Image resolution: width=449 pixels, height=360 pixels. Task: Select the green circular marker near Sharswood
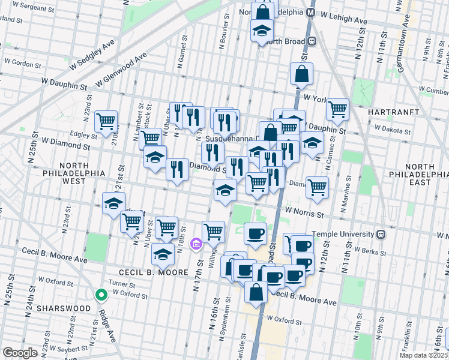click(101, 295)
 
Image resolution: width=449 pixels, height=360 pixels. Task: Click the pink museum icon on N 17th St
click(196, 244)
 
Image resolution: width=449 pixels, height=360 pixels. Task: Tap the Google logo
click(20, 352)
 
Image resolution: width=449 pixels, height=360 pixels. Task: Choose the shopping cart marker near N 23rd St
click(106, 121)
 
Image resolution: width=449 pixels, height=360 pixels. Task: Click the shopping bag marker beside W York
click(301, 74)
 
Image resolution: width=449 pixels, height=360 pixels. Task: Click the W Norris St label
click(304, 212)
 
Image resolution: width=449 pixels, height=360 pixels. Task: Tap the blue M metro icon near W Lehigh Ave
click(311, 12)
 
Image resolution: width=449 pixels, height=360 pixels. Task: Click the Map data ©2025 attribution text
click(423, 355)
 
